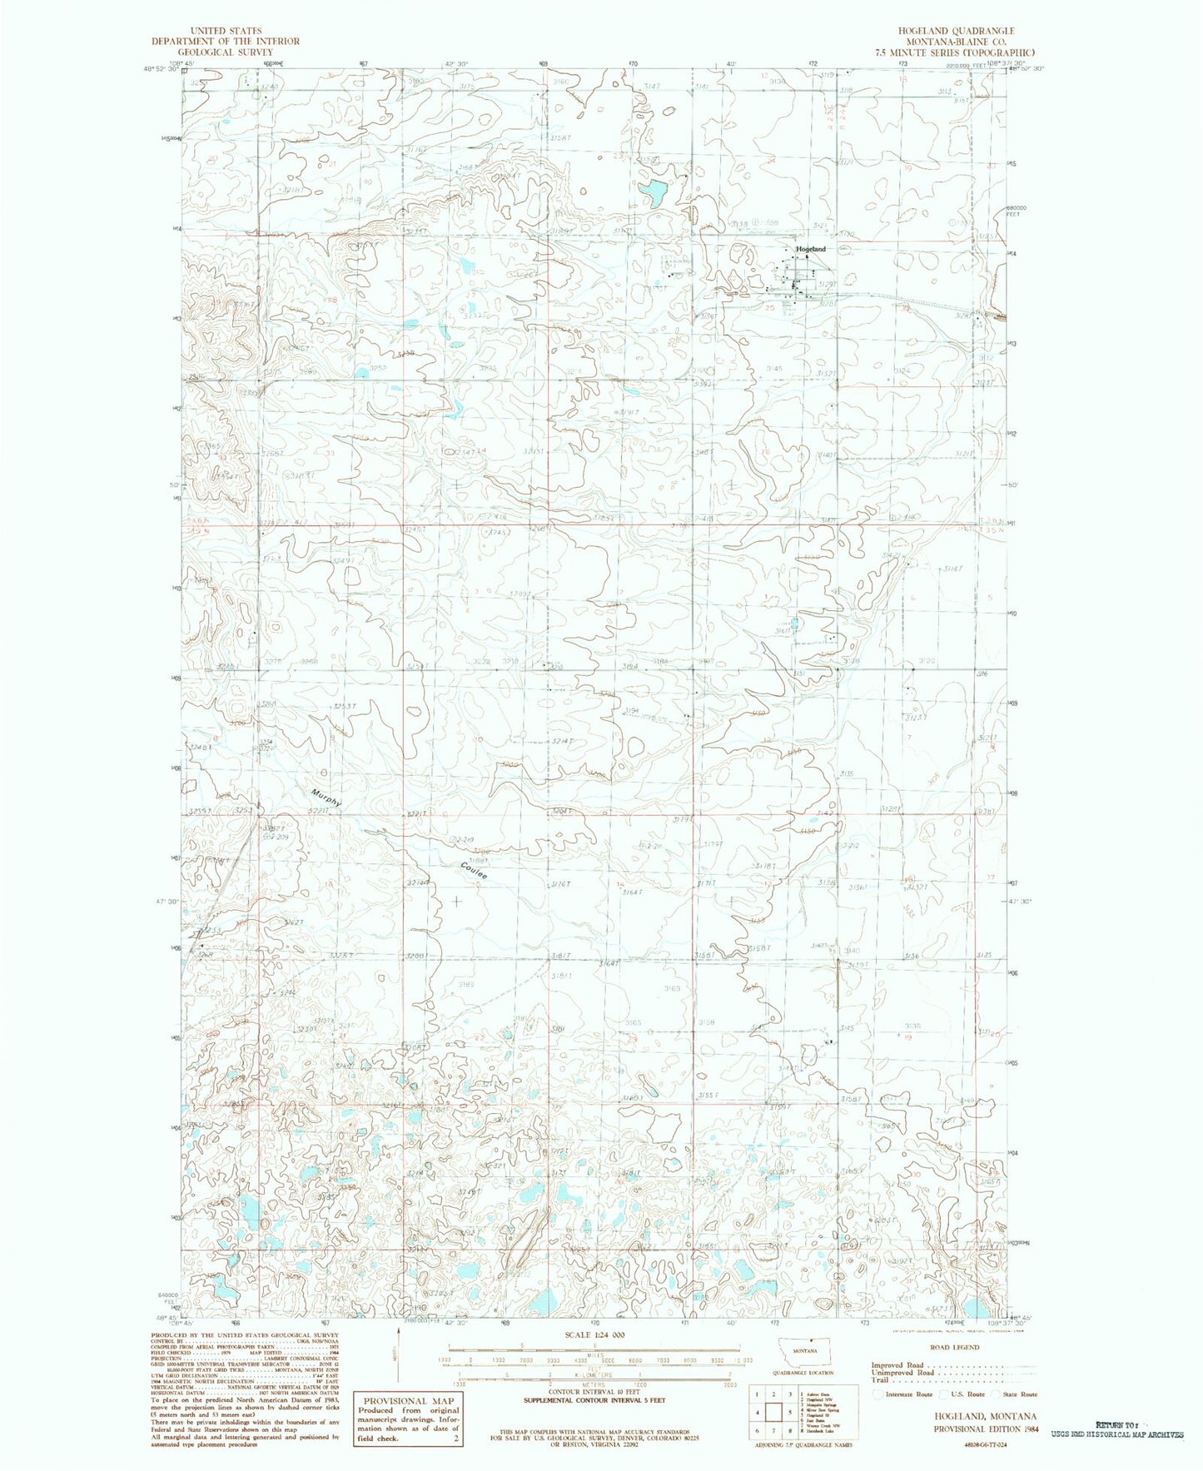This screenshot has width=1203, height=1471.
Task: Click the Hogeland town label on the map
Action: (x=810, y=249)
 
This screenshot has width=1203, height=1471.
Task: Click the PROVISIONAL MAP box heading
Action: (x=406, y=1401)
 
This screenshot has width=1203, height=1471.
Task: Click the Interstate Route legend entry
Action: (x=903, y=1394)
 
